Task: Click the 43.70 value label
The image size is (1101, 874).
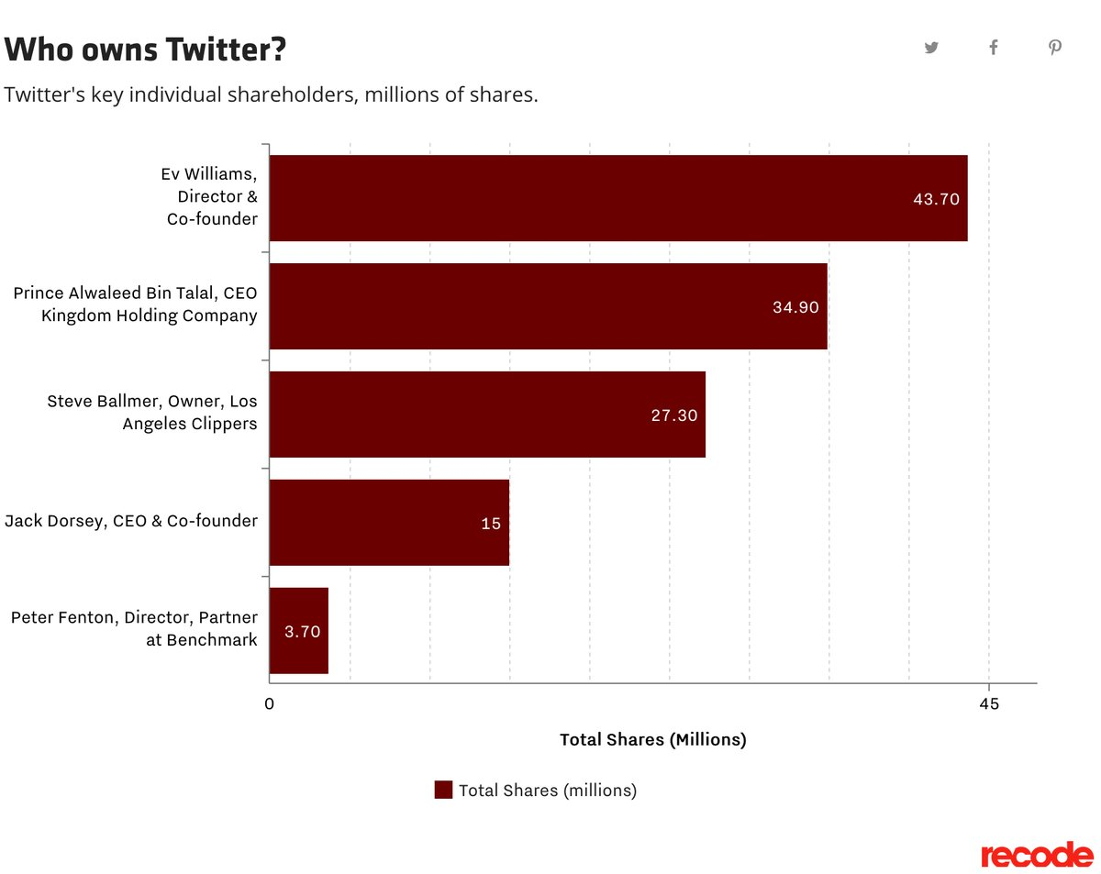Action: pyautogui.click(x=936, y=199)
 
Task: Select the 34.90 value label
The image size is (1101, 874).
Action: pyautogui.click(x=795, y=307)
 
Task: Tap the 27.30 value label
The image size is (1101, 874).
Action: pyautogui.click(x=674, y=415)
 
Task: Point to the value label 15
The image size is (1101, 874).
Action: pyautogui.click(x=491, y=524)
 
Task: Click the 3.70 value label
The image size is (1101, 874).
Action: pyautogui.click(x=302, y=632)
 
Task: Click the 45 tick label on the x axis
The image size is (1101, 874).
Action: pyautogui.click(x=988, y=704)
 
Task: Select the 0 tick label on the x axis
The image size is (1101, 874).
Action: pyautogui.click(x=270, y=704)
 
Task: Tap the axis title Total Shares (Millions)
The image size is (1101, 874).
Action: pyautogui.click(x=652, y=740)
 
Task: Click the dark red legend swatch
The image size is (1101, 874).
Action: pyautogui.click(x=443, y=790)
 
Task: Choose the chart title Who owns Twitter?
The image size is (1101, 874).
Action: pyautogui.click(x=146, y=50)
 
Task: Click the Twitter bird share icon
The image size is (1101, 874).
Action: pyautogui.click(x=931, y=48)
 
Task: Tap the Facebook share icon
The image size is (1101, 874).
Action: pyautogui.click(x=994, y=48)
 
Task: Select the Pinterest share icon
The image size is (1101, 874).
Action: pyautogui.click(x=1055, y=48)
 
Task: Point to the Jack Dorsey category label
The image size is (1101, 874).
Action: pyautogui.click(x=131, y=521)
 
